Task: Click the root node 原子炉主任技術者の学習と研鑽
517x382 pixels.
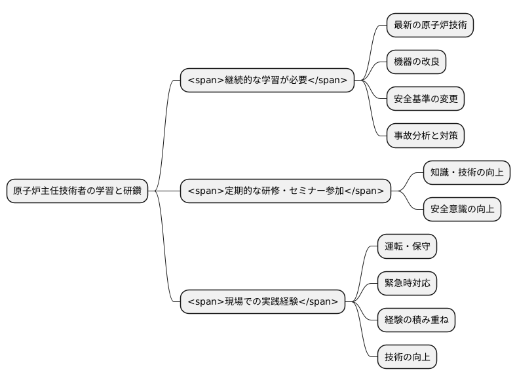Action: click(77, 191)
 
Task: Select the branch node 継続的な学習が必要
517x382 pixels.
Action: click(267, 81)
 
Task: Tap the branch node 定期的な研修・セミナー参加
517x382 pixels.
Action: click(286, 191)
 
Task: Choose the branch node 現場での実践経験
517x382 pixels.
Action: click(263, 301)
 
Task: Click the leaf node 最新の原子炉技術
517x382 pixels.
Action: click(430, 26)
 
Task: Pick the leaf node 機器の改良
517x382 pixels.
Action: click(416, 62)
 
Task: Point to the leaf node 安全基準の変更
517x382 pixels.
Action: click(425, 99)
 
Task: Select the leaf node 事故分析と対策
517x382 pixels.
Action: click(425, 136)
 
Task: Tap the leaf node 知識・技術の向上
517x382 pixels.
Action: click(467, 172)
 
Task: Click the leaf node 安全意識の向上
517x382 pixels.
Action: click(462, 209)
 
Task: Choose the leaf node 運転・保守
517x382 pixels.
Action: click(407, 246)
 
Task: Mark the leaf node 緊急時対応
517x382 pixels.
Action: click(407, 283)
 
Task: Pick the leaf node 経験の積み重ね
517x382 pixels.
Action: click(416, 320)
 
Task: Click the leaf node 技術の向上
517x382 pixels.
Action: click(407, 356)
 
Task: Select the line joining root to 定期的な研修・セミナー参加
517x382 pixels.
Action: click(164, 191)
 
